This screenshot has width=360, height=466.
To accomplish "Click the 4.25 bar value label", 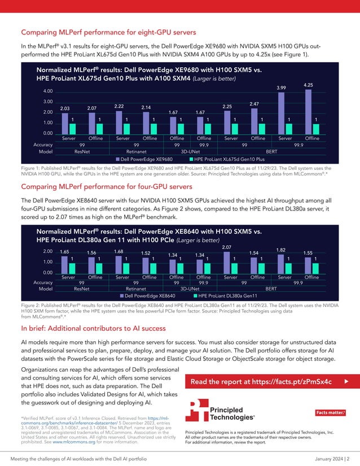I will (x=308, y=85).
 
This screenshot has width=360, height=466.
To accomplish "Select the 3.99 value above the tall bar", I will (x=281, y=88).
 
